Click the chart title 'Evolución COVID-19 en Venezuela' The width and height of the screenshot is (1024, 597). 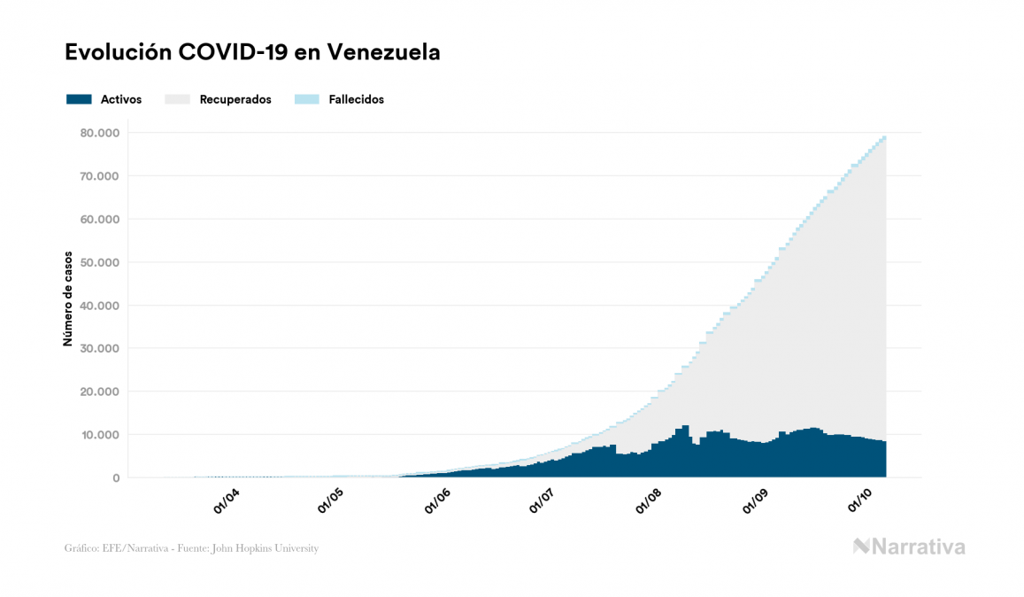(x=252, y=52)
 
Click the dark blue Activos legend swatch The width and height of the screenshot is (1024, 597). (x=79, y=99)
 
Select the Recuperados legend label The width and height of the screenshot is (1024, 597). (x=235, y=99)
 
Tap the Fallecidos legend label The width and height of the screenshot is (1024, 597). (x=356, y=99)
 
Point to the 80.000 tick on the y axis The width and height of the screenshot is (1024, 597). (x=98, y=133)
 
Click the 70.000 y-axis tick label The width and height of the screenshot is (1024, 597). (x=98, y=176)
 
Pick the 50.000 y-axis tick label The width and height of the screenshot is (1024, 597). (x=98, y=262)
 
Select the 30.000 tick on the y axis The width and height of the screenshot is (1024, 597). (x=98, y=348)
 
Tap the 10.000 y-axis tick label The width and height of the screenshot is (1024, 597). (x=98, y=435)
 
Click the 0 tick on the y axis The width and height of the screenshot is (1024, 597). (x=115, y=477)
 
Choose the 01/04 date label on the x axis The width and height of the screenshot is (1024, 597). (x=226, y=501)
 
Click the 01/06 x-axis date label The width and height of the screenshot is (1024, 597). (x=438, y=501)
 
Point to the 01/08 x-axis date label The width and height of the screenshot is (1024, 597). (x=649, y=501)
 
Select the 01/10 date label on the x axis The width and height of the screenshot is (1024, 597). (x=860, y=501)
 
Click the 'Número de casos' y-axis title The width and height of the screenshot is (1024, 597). (x=67, y=304)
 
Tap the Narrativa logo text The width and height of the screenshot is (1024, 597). (x=918, y=547)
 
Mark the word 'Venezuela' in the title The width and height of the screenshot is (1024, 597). (x=383, y=52)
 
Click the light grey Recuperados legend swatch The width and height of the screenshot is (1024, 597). (x=177, y=99)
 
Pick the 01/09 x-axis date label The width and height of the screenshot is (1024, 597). (x=755, y=501)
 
